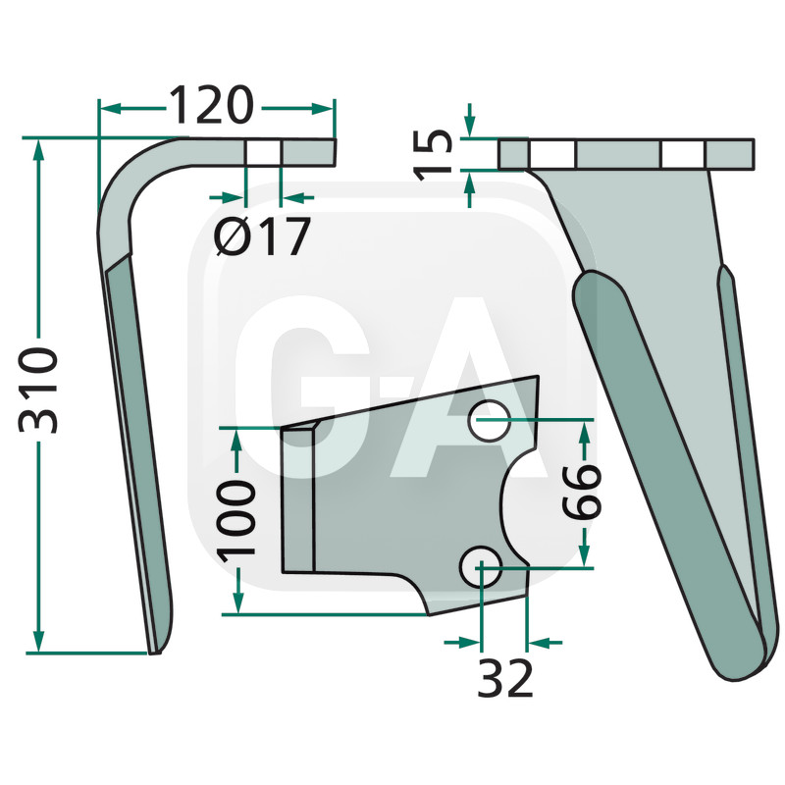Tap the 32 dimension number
[x=505, y=678]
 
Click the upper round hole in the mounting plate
[x=488, y=421]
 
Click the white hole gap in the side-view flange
[x=262, y=152]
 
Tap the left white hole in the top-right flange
[x=552, y=154]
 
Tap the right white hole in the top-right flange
[x=683, y=154]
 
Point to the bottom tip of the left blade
[x=154, y=649]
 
